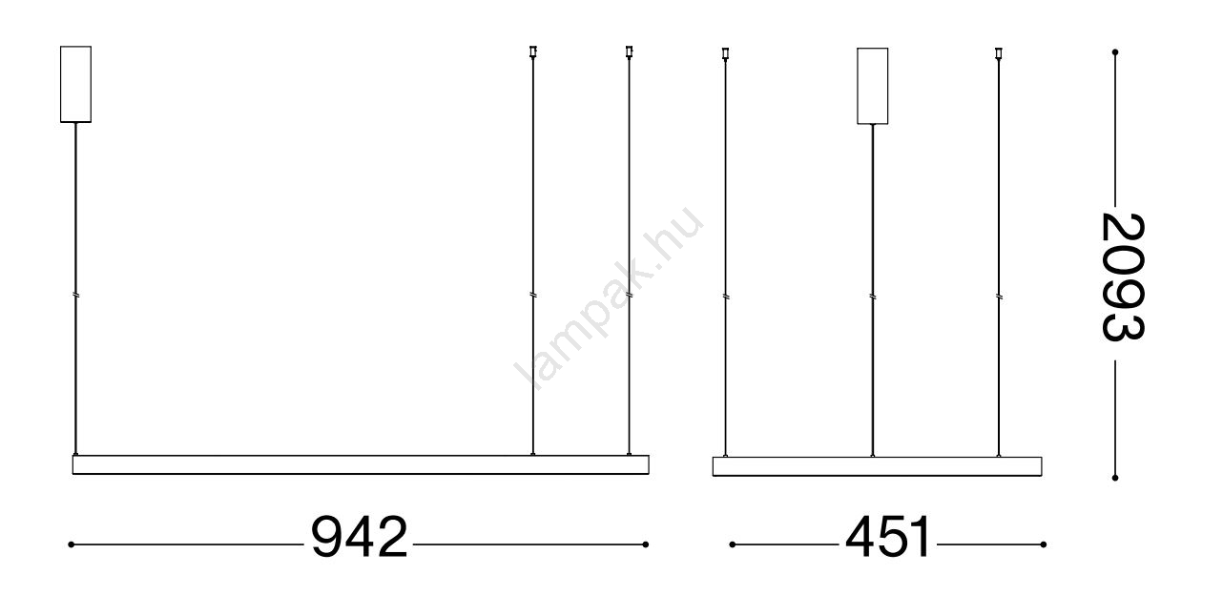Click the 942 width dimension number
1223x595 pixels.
pos(360,537)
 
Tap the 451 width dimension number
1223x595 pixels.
pos(887,537)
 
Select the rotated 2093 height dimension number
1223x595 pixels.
pos(1122,277)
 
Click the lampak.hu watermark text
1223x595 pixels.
pos(609,298)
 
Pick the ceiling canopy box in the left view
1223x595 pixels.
pos(76,84)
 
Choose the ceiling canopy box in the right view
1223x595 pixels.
pos(873,86)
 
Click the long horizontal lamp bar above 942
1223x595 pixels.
pos(361,464)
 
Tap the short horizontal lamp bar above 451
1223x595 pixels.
pos(878,466)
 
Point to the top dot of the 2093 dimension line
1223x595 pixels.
pos(1115,52)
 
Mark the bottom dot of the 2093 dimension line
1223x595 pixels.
pos(1115,478)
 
